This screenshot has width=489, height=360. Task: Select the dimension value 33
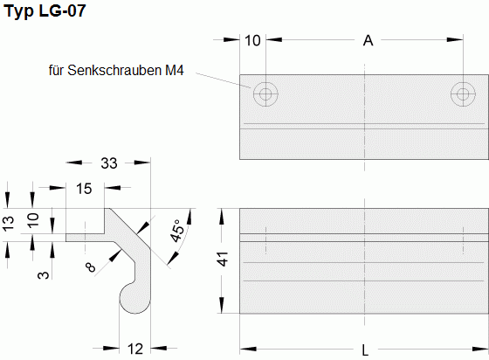coord(110,163)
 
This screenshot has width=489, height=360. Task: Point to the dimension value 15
coord(85,188)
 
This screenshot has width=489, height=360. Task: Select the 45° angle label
coord(178,231)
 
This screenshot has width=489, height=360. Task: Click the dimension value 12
coord(135,349)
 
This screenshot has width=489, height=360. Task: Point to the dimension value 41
coord(222,260)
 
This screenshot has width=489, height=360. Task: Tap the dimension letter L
coord(364,349)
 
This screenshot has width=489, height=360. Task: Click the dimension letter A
coord(368,40)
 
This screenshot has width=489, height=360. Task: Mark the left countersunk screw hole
coord(265,94)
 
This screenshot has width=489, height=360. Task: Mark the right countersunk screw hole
coord(462,94)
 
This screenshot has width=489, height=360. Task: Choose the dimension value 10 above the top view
coord(251,40)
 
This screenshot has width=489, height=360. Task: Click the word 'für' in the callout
coord(59,68)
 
